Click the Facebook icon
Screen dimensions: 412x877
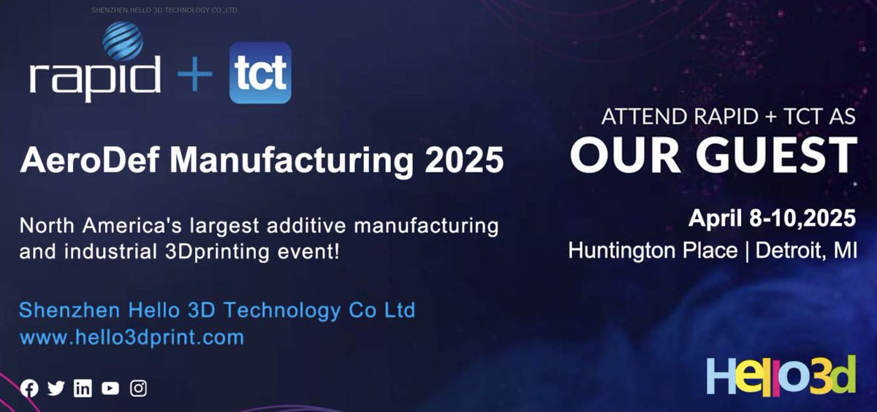pos(29,389)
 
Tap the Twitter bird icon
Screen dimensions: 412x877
pos(56,389)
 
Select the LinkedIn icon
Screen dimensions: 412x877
pos(83,389)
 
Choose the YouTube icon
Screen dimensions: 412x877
pos(110,389)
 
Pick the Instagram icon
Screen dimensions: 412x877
pos(138,389)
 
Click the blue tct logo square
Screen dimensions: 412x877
pos(260,73)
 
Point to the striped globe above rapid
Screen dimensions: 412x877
pos(123,41)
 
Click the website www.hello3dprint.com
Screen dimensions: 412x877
pos(132,337)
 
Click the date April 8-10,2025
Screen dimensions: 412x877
pos(772,218)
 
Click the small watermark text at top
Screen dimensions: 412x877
pos(165,11)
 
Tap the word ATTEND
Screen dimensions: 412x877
pos(638,117)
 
